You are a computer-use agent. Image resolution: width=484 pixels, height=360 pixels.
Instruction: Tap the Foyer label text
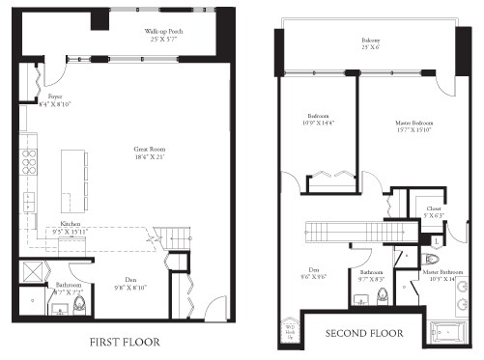[x=55, y=99]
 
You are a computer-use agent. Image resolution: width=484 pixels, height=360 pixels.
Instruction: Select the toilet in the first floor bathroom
[x=80, y=307]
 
